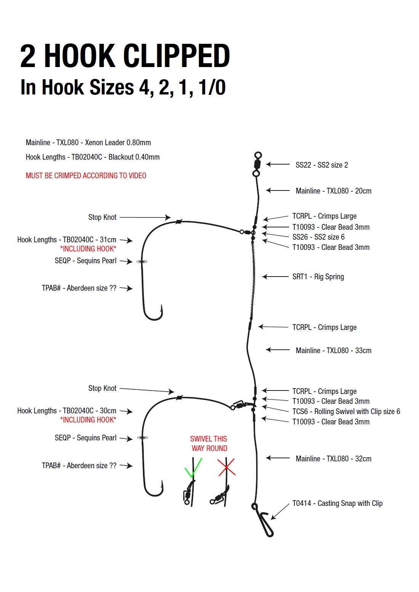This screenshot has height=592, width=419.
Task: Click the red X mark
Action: pos(226,467)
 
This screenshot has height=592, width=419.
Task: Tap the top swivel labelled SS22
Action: pos(257,164)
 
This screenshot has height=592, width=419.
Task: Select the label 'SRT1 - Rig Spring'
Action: pos(318,277)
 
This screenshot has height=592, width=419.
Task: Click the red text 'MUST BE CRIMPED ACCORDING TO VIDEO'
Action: pos(86,176)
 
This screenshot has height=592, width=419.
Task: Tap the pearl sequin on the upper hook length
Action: pos(142,262)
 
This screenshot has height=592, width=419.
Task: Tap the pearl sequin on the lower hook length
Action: pos(142,438)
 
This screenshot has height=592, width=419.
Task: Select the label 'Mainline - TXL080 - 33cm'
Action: pos(333,350)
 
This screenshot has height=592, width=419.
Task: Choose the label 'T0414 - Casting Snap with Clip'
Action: pos(337,503)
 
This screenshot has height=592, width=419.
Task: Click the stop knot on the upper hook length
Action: pos(178,221)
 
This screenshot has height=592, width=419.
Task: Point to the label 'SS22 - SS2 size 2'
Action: pos(321,165)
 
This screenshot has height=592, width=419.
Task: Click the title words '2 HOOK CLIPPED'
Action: pos(125,56)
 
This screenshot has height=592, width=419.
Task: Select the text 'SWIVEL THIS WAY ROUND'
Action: pos(209,443)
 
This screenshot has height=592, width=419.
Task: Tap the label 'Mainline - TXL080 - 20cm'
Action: pos(333,191)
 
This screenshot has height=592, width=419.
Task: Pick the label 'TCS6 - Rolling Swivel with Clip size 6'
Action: pos(346,411)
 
